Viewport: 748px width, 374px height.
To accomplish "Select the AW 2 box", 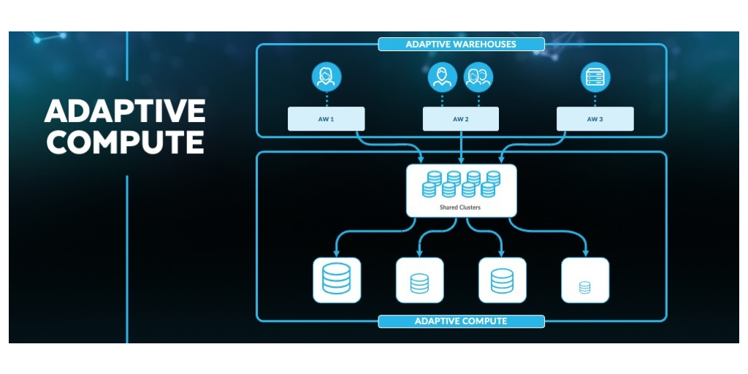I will pyautogui.click(x=461, y=119).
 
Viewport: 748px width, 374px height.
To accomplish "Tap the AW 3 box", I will pyautogui.click(x=595, y=119).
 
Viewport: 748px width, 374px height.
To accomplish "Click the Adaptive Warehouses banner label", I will pyautogui.click(x=461, y=45).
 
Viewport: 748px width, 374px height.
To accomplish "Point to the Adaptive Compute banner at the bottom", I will pyautogui.click(x=461, y=321).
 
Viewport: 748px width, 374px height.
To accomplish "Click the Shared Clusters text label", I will pyautogui.click(x=460, y=207).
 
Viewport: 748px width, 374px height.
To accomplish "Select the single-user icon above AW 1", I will pyautogui.click(x=326, y=77).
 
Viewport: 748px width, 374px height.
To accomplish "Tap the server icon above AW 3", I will pyautogui.click(x=595, y=77).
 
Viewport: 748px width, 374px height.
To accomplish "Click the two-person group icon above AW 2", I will pyautogui.click(x=478, y=77).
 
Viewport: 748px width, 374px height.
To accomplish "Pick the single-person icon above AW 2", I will pyautogui.click(x=440, y=77).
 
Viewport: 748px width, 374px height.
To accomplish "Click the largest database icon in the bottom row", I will pyautogui.click(x=337, y=280).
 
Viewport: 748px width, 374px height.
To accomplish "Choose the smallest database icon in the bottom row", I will pyautogui.click(x=584, y=287).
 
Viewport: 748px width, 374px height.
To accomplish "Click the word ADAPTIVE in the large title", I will pyautogui.click(x=125, y=111).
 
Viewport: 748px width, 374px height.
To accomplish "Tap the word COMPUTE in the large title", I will pyautogui.click(x=125, y=142).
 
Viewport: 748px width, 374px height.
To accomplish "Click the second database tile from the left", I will pyautogui.click(x=419, y=280).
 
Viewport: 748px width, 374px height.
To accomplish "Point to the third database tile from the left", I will pyautogui.click(x=502, y=280).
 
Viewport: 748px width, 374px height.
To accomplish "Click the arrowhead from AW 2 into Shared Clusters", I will pyautogui.click(x=461, y=159).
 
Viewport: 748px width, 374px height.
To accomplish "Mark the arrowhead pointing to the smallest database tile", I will pyautogui.click(x=584, y=253).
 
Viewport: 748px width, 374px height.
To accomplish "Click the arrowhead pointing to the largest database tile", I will pyautogui.click(x=337, y=253).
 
